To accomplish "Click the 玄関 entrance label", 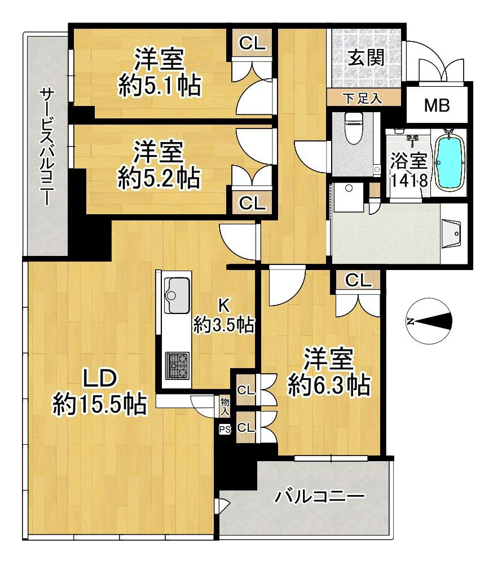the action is pos(366,58).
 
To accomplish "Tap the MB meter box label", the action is pos(437,105).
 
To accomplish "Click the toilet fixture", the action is pos(354,127).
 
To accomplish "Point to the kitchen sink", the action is pos(177,295).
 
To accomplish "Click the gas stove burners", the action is pos(177,365).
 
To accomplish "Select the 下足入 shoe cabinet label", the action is pos(362,98).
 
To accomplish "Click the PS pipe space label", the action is pos(225,430).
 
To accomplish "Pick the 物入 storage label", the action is pos(225,406).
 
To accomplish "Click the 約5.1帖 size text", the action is pos(160,86).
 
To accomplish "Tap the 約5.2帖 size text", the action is pos(159,178).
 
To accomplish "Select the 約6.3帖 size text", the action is pos(329,385).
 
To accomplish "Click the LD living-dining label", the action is pos(100,378).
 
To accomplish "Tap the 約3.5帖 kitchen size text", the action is pos(224,325).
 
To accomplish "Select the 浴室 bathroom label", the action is pos(409,161).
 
